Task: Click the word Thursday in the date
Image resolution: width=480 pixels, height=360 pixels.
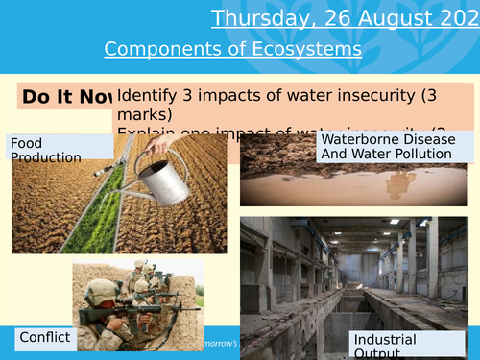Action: click(254, 18)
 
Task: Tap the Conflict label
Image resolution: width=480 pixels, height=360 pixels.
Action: click(45, 337)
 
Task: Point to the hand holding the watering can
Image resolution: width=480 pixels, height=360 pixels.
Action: click(164, 144)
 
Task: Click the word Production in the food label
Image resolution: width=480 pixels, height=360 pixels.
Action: click(45, 157)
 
